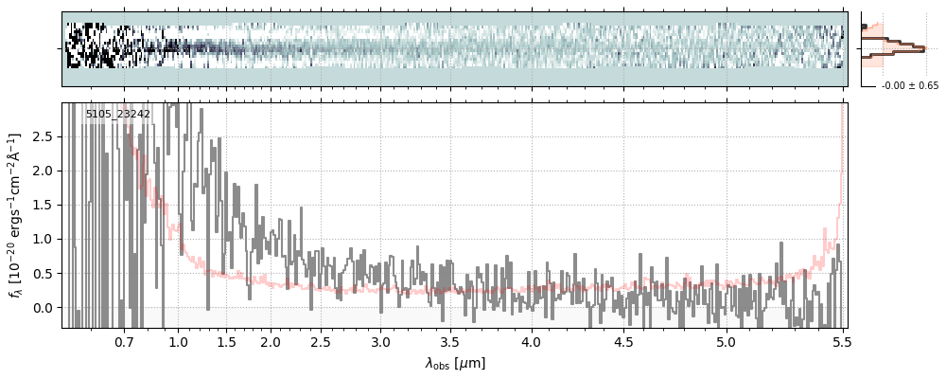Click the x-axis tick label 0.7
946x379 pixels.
pyautogui.click(x=124, y=341)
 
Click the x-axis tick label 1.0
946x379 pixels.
pyautogui.click(x=178, y=341)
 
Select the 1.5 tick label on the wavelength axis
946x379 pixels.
pyautogui.click(x=227, y=341)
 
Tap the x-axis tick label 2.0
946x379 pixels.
pyautogui.click(x=271, y=341)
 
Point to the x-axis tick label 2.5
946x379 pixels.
pyautogui.click(x=321, y=341)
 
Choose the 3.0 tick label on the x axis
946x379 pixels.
pyautogui.click(x=380, y=341)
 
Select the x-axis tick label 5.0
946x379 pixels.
pyautogui.click(x=726, y=341)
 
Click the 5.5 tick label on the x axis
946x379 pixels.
pyautogui.click(x=840, y=341)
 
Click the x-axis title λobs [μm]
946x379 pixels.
pyautogui.click(x=455, y=363)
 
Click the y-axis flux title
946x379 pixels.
pyautogui.click(x=15, y=216)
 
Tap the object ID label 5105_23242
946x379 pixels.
pyautogui.click(x=118, y=115)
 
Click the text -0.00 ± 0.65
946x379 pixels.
pyautogui.click(x=909, y=86)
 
